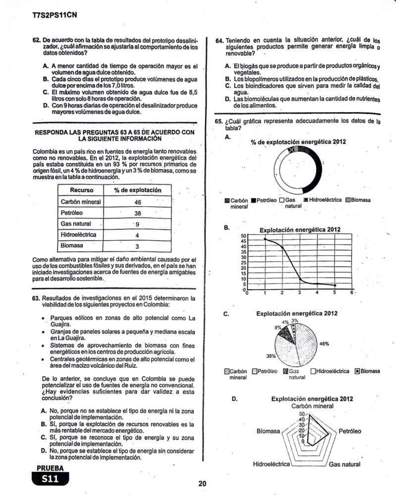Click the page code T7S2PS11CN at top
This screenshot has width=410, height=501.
54,15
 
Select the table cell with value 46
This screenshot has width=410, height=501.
138,202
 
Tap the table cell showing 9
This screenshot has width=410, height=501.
138,224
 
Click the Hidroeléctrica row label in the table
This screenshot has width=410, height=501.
78,235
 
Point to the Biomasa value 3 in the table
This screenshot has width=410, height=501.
138,246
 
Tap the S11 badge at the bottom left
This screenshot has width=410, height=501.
50,478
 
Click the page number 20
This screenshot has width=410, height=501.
202,484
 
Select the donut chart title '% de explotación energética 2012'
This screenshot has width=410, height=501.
298,142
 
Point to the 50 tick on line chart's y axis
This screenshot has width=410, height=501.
243,235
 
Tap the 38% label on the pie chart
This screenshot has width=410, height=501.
271,356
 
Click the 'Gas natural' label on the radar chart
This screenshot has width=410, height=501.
344,464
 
